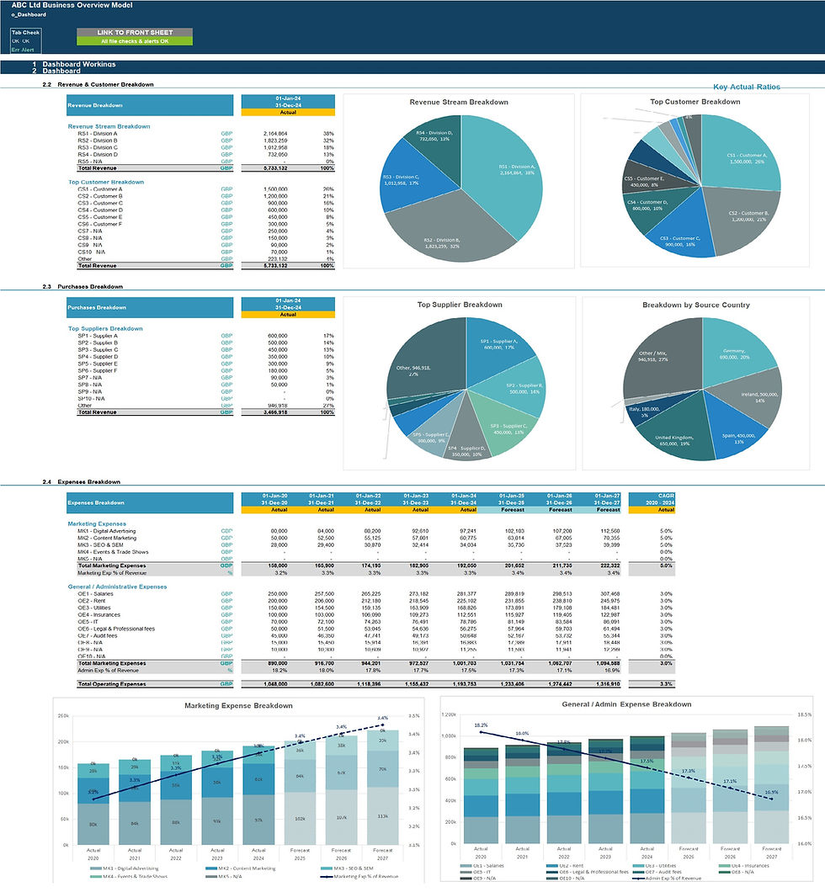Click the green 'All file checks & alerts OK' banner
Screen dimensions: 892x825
134,41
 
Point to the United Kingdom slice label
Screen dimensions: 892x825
670,441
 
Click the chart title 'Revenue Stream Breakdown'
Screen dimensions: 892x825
459,102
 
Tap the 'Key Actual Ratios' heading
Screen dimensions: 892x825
746,87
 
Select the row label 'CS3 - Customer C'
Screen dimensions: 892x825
93,203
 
